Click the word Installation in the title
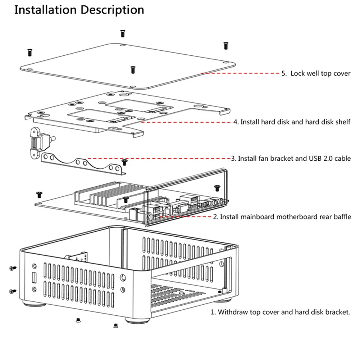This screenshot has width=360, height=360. click(45, 10)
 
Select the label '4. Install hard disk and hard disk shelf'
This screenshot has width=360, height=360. click(292, 122)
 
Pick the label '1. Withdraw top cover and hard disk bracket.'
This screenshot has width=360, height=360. click(280, 312)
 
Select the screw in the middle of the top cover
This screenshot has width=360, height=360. click(133, 69)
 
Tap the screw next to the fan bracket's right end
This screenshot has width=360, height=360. click(125, 162)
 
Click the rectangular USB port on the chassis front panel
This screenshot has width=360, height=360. click(34, 278)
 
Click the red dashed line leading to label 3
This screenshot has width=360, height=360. click(158, 158)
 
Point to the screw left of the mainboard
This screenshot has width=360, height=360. click(39, 195)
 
